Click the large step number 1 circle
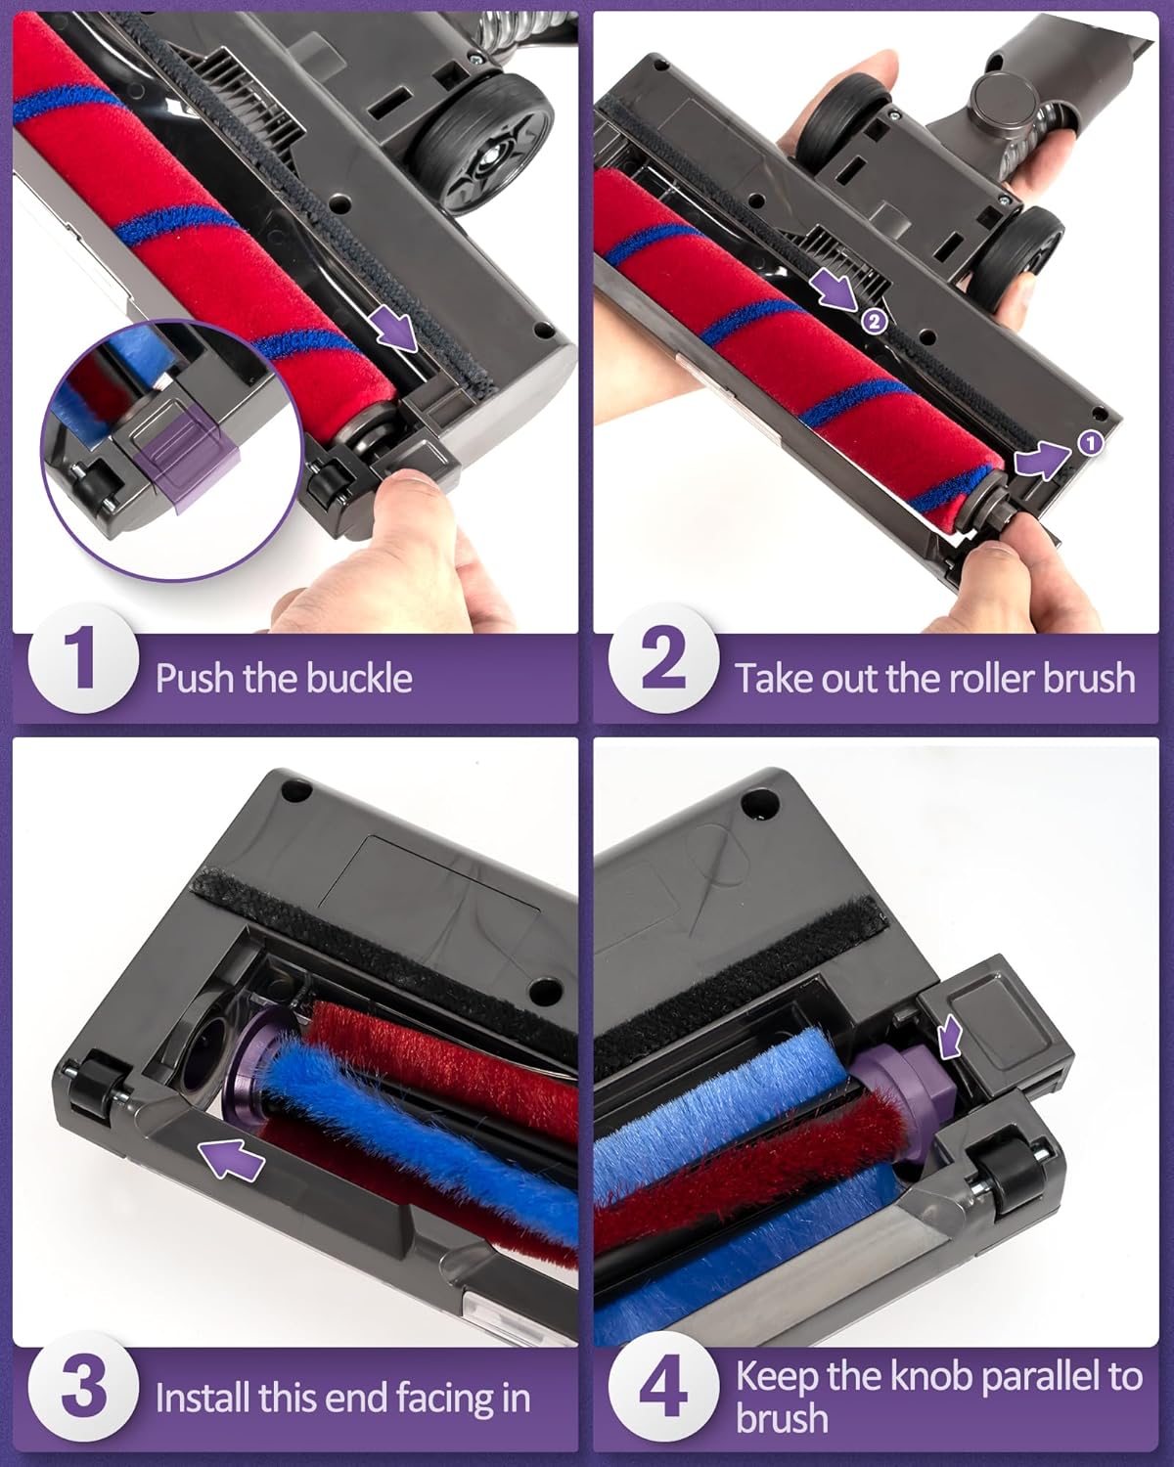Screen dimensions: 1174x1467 pyautogui.click(x=83, y=659)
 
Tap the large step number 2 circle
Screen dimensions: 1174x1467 pyautogui.click(x=663, y=659)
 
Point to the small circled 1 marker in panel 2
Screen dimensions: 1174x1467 pyautogui.click(x=1090, y=443)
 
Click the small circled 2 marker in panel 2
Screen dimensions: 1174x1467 pyautogui.click(x=875, y=321)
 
